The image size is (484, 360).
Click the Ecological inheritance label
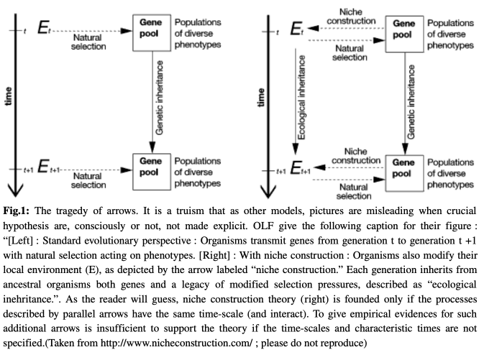(x=301, y=97)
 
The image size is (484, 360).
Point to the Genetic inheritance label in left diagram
(x=159, y=98)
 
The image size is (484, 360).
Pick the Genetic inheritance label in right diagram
(x=411, y=102)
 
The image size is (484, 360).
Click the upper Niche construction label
(x=351, y=17)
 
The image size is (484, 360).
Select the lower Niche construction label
(x=356, y=156)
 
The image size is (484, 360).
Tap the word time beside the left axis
(x=9, y=96)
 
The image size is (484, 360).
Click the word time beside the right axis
(x=261, y=98)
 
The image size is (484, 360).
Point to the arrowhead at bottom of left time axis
(x=15, y=191)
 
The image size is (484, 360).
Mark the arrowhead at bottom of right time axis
(x=268, y=192)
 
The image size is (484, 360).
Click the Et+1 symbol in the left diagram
(x=48, y=167)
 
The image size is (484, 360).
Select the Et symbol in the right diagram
(x=297, y=29)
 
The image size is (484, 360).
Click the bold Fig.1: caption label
(x=16, y=211)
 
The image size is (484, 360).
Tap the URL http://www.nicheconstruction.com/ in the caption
(x=176, y=343)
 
